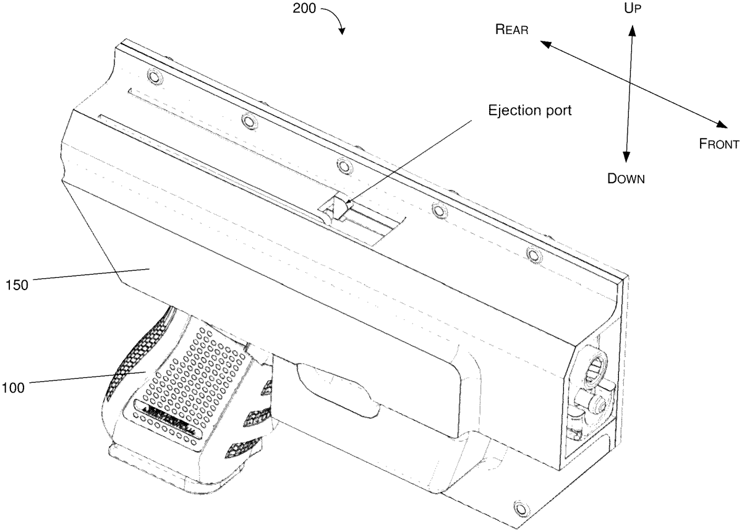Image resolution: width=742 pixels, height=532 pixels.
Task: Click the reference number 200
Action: (x=304, y=8)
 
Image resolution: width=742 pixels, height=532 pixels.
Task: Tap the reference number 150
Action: (x=17, y=285)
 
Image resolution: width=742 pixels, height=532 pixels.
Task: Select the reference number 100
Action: (x=13, y=387)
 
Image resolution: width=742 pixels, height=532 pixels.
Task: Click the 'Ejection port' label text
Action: (x=530, y=111)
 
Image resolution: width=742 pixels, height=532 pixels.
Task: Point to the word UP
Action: (x=633, y=9)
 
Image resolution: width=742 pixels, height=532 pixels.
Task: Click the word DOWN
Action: (x=626, y=179)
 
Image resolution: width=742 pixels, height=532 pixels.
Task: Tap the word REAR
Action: (x=511, y=30)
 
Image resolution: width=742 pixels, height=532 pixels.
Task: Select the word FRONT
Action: (x=719, y=144)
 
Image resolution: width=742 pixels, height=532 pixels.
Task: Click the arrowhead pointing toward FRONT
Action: (x=722, y=124)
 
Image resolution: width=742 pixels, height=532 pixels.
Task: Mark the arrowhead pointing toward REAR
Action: (x=546, y=45)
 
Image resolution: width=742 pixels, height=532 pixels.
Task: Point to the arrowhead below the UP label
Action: (x=633, y=30)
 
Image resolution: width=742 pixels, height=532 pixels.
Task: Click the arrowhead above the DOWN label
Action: (x=626, y=157)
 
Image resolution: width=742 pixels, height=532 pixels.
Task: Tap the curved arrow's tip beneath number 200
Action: (x=342, y=32)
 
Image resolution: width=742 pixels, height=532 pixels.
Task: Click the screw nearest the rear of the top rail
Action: (x=154, y=77)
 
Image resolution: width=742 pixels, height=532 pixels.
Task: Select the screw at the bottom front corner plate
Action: (x=521, y=508)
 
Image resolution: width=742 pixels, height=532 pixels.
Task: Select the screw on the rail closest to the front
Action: (x=534, y=255)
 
